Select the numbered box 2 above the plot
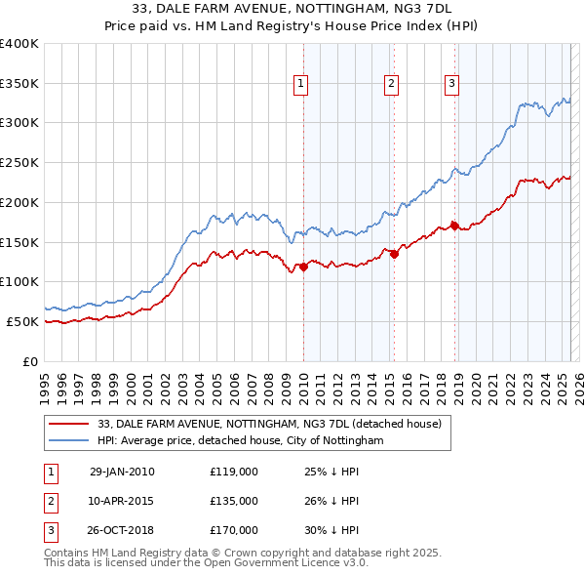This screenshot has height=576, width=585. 391,85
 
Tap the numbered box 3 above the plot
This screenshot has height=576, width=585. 452,85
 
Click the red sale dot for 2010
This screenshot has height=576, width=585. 303,266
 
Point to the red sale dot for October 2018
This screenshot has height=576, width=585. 455,226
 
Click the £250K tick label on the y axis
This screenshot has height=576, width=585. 20,162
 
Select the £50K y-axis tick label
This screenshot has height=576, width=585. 24,321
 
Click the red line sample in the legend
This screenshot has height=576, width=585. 68,424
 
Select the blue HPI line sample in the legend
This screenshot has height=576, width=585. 68,440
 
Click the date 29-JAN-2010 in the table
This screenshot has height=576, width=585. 122,472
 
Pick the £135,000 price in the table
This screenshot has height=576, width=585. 233,501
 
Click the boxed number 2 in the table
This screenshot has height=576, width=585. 49,501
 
